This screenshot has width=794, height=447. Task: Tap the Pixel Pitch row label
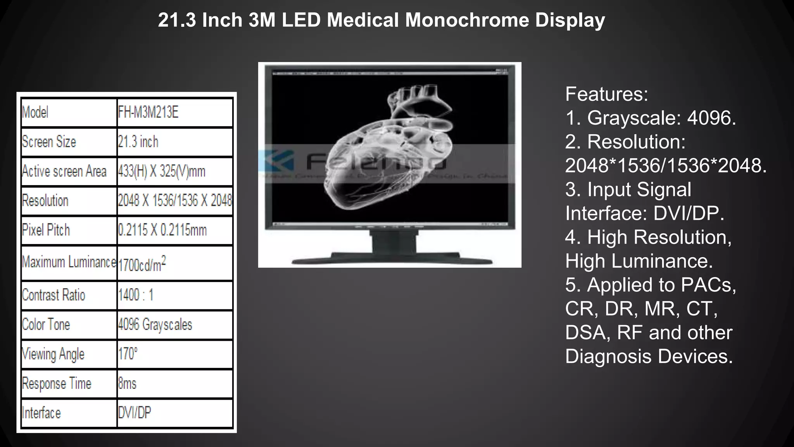(46, 230)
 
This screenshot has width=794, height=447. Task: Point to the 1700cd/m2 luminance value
(142, 264)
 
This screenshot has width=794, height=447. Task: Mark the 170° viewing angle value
(128, 354)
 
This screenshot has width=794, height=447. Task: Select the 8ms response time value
(127, 384)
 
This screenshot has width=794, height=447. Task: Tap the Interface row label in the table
(41, 413)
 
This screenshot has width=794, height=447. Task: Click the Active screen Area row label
(64, 172)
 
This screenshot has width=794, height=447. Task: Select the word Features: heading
(606, 94)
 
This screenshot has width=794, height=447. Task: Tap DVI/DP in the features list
(689, 213)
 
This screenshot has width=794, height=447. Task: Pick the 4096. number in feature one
(711, 118)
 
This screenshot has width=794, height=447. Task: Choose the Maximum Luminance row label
(69, 262)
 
